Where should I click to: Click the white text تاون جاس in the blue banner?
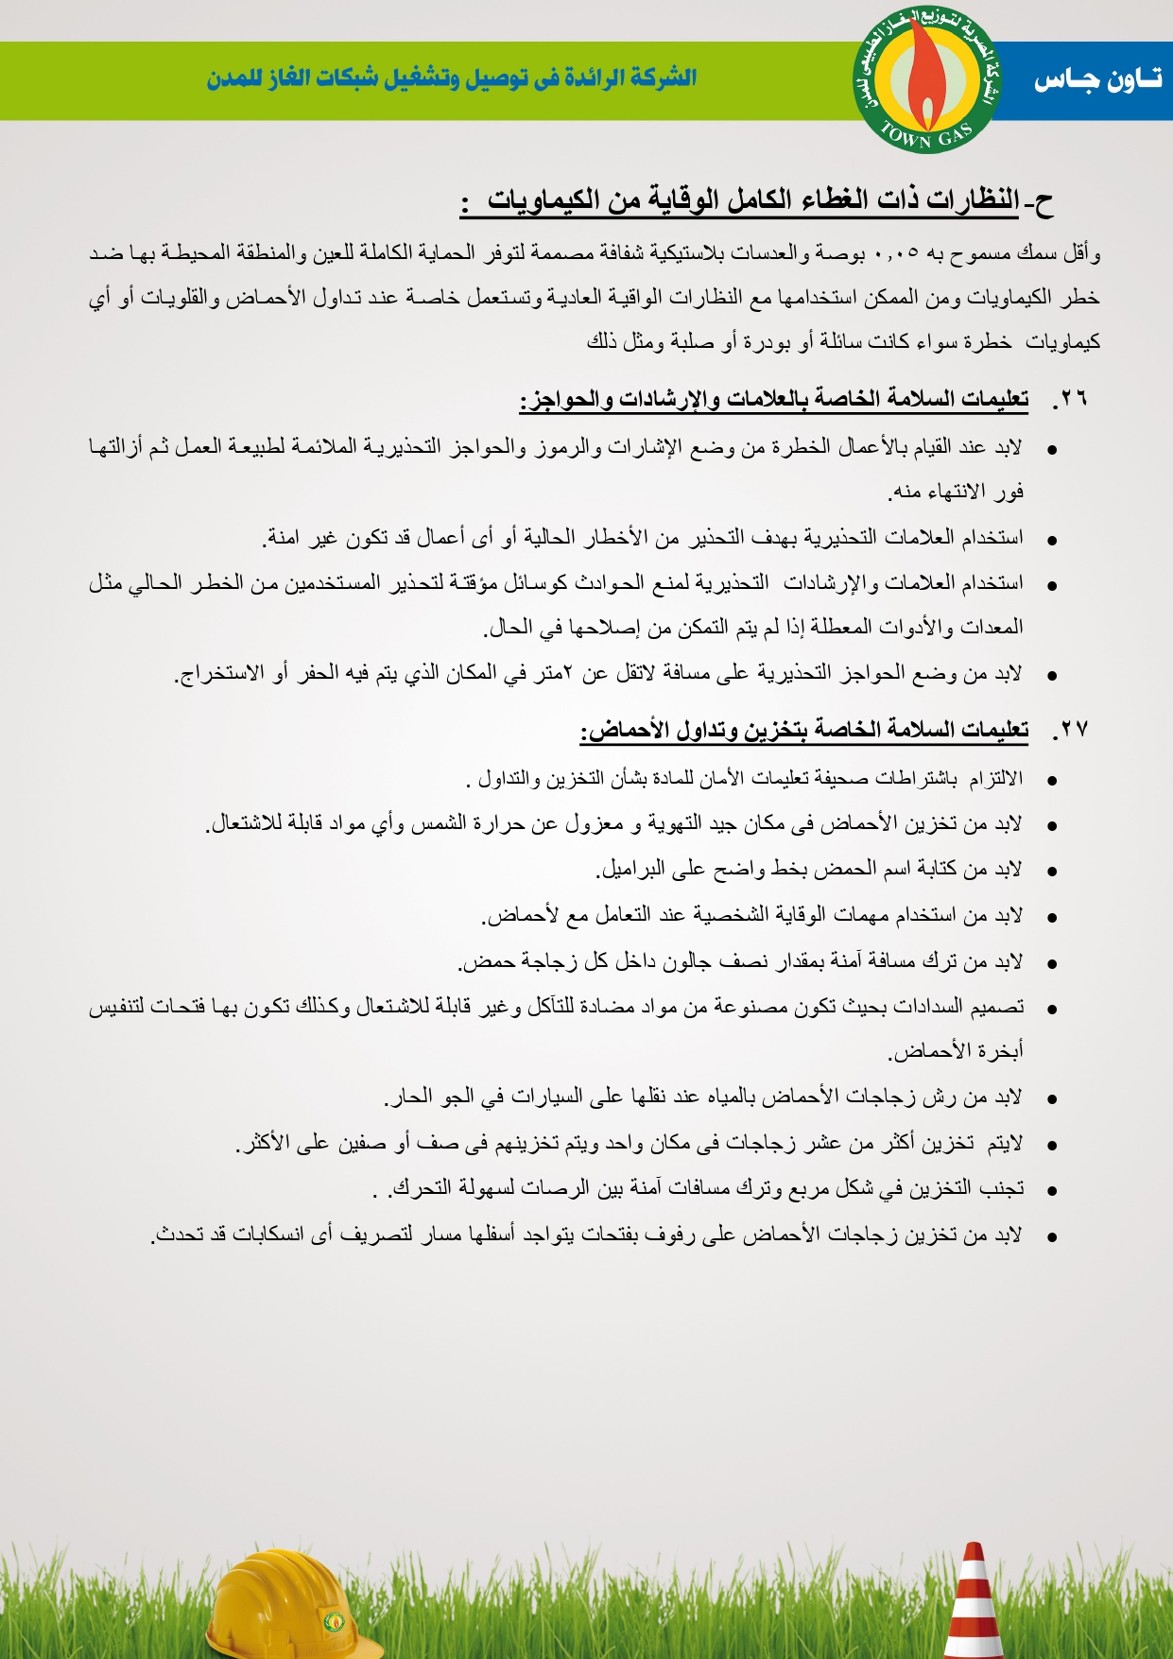pos(1096,80)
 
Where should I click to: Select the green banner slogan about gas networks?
pos(452,78)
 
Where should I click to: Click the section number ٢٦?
pos(1073,399)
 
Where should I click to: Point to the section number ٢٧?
pos(1073,730)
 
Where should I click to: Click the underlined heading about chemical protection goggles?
pos(756,201)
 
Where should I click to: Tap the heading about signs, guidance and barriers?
pos(774,399)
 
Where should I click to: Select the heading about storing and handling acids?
pos(804,730)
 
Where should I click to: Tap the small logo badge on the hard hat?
pos(334,1620)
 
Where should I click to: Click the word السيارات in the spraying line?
pos(549,1097)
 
